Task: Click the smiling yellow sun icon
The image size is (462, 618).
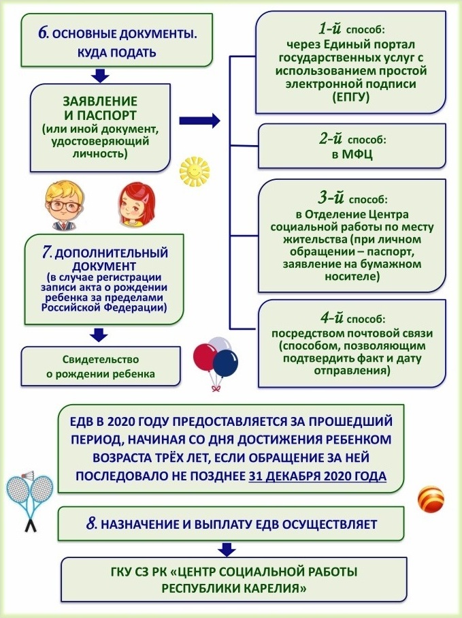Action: [x=195, y=172]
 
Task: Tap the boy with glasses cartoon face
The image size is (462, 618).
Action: [x=65, y=205]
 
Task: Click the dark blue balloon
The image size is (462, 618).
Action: [x=225, y=363]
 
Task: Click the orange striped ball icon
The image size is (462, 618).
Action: [x=431, y=499]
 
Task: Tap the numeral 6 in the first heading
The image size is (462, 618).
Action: [x=42, y=33]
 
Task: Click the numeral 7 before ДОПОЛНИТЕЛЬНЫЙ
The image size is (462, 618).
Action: [x=47, y=252]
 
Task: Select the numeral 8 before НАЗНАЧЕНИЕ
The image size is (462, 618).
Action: [x=91, y=524]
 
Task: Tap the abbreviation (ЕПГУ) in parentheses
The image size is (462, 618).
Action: [x=351, y=97]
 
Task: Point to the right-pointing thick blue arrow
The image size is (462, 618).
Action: [x=199, y=121]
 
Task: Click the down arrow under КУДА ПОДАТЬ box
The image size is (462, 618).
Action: [x=100, y=75]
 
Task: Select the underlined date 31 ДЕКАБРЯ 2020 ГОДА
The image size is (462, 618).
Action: [x=318, y=476]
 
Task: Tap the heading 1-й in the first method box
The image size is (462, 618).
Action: [x=330, y=29]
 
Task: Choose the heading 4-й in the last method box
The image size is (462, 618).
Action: [x=332, y=318]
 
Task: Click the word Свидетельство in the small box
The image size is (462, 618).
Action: [x=101, y=360]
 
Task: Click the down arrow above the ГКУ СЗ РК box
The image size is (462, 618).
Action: [x=227, y=549]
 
